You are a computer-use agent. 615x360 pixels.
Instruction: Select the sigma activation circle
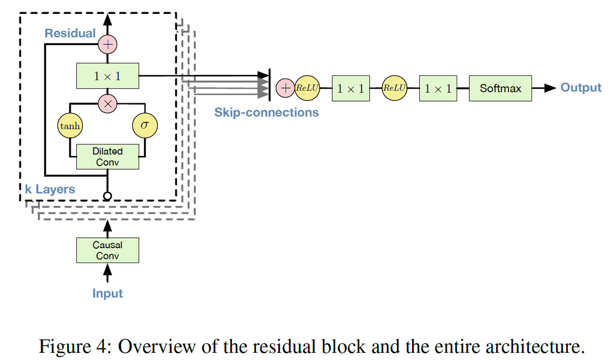(145, 125)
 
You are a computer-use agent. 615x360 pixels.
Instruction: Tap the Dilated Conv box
(108, 156)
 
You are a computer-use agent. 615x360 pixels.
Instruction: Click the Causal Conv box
(108, 250)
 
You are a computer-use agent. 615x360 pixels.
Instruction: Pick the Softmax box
(500, 88)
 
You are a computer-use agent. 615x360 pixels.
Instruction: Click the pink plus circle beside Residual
(108, 45)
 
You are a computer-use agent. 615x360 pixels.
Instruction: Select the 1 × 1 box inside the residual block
(108, 76)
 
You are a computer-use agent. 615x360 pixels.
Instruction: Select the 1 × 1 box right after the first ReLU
(351, 88)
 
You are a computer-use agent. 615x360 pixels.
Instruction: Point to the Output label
(581, 87)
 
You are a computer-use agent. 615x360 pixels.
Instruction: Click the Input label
(108, 293)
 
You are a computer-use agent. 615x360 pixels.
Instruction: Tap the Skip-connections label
(266, 112)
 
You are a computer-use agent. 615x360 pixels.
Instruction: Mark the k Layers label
(50, 189)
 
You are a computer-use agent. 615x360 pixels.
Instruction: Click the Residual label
(70, 33)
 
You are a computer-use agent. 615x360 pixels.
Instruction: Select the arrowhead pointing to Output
(549, 88)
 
